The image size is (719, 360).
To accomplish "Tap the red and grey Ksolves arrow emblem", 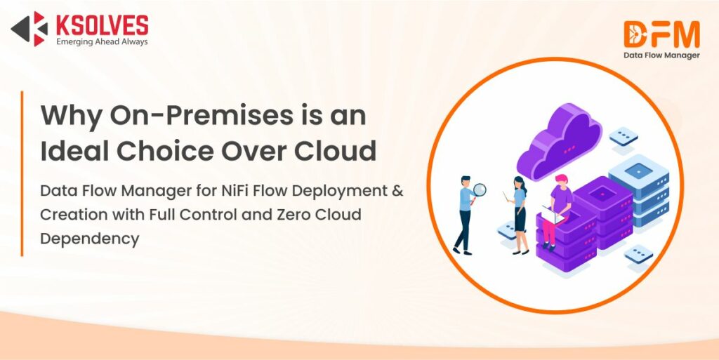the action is [29, 29].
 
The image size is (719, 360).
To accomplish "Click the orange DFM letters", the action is [661, 34].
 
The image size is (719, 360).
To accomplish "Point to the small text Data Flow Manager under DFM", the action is [661, 55].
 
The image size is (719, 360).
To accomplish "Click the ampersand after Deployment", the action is [398, 191].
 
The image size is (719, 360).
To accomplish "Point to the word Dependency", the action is [90, 239].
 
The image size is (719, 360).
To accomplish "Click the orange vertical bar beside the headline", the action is [22, 173].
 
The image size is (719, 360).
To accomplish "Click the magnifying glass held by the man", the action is [479, 190].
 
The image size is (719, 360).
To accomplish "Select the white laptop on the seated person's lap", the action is [553, 215].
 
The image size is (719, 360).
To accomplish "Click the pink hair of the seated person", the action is [561, 179].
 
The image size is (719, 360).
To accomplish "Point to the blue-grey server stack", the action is [639, 190].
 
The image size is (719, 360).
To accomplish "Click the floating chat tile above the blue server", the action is [624, 136].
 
